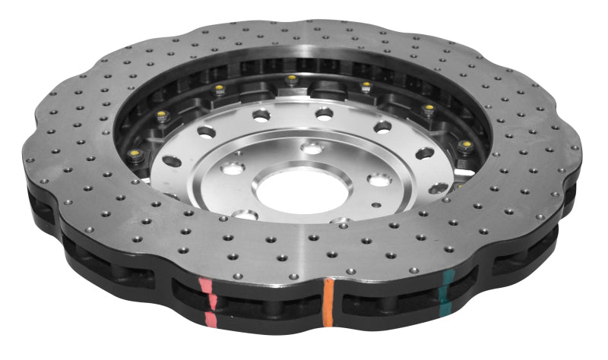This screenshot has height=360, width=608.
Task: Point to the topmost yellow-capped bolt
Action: pyautogui.click(x=290, y=79)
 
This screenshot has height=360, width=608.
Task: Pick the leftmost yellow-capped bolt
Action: pyautogui.click(x=161, y=115)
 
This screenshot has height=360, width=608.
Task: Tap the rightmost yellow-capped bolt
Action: pyautogui.click(x=465, y=144)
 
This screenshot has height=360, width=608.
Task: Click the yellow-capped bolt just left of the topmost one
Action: pyautogui.click(x=219, y=90)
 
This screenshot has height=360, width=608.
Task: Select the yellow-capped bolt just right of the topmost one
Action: pyautogui.click(x=366, y=86)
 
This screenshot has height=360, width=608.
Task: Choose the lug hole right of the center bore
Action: pyautogui.click(x=377, y=179)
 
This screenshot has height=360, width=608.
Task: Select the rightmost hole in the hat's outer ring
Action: pyautogui.click(x=439, y=188)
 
